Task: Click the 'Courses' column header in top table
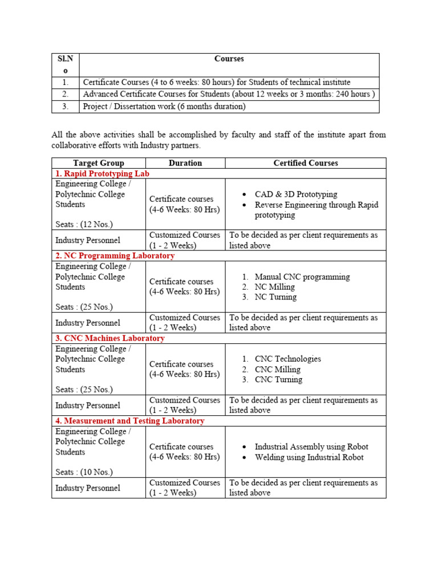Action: [229, 59]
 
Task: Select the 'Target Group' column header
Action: [99, 163]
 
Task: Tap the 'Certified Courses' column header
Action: [305, 163]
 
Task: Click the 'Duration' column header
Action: [185, 163]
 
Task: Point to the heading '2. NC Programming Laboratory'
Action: [115, 256]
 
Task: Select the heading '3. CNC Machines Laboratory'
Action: [109, 338]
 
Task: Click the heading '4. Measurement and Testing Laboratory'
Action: [129, 421]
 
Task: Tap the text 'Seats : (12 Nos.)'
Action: [84, 225]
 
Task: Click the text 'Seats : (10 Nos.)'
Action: [84, 472]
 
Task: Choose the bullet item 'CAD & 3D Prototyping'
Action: [296, 194]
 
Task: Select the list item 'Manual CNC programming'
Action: [302, 277]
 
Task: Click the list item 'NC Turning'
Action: [275, 297]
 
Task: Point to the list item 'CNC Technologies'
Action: [287, 359]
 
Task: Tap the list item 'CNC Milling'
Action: [277, 370]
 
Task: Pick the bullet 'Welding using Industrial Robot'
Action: [309, 457]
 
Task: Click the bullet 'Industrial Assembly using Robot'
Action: [311, 447]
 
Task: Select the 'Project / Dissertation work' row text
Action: [164, 106]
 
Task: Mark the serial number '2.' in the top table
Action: [66, 94]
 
